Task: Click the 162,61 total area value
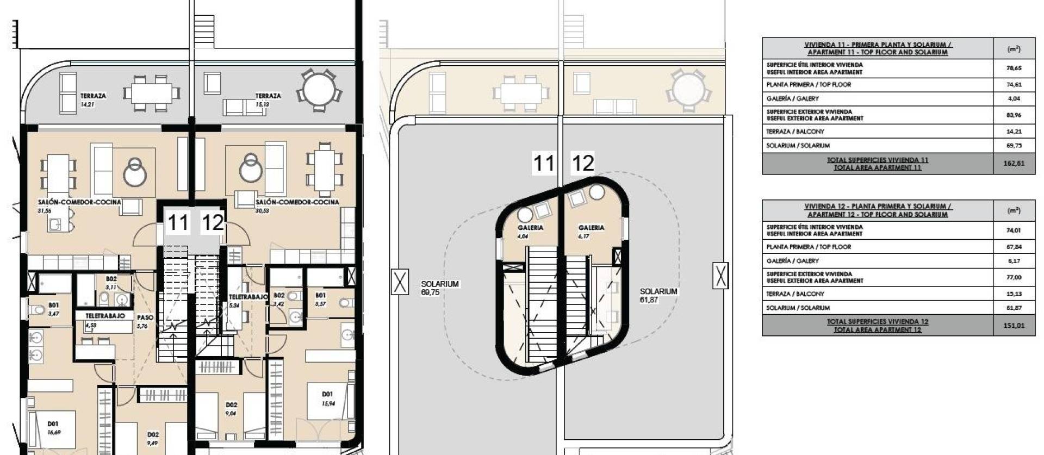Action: click(1014, 163)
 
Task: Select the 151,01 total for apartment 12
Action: click(1014, 326)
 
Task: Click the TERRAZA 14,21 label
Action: click(93, 99)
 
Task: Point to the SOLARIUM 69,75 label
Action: click(439, 288)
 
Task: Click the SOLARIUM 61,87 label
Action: click(658, 295)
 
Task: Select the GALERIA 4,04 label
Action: click(530, 232)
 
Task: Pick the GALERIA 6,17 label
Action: click(591, 232)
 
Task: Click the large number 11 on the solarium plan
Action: click(543, 163)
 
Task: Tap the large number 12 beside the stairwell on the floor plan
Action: click(213, 222)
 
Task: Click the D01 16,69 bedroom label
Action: click(53, 428)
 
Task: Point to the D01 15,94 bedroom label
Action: click(327, 398)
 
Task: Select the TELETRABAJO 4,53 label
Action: click(104, 320)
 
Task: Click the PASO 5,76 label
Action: click(145, 321)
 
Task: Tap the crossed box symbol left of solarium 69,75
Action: click(400, 282)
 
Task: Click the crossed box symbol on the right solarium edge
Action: click(720, 276)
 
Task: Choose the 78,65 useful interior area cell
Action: click(1014, 68)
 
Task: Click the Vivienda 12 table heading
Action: click(877, 210)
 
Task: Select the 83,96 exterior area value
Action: click(1014, 115)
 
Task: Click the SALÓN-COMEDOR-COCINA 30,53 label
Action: click(296, 205)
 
